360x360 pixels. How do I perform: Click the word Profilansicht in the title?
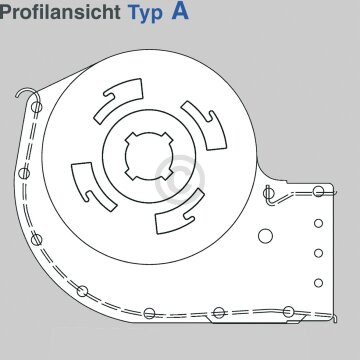(61, 17)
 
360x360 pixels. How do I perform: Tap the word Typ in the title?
(151, 17)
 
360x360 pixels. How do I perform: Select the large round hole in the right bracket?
(268, 237)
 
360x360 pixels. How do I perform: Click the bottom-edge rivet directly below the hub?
(147, 315)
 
